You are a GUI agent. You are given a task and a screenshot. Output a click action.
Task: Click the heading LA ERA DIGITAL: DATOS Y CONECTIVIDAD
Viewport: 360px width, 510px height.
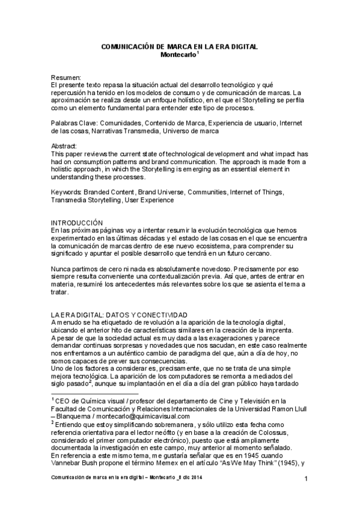point(119,315)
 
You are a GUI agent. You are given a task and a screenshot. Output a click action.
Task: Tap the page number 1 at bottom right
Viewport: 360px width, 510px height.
point(306,479)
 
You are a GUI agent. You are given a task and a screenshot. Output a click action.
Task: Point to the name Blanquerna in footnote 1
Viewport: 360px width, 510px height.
point(75,416)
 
